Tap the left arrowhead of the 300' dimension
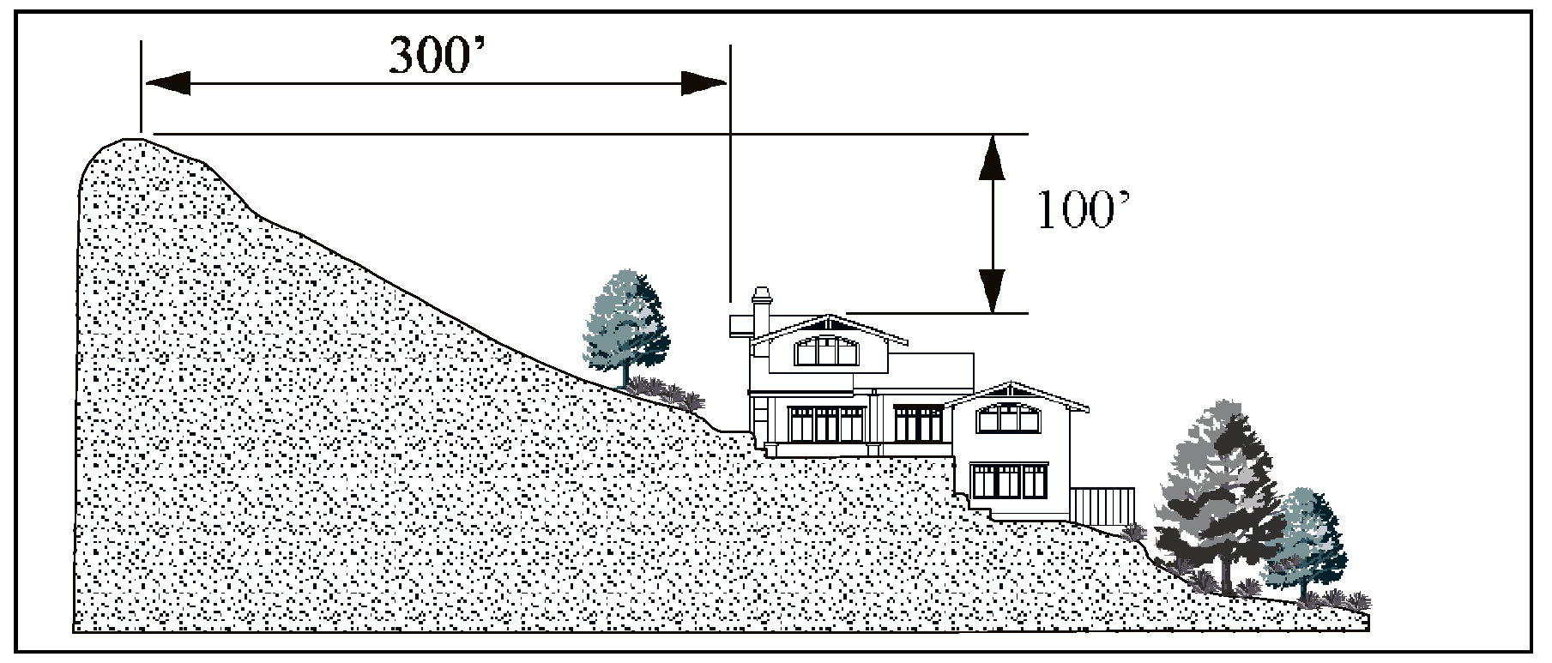click(x=167, y=83)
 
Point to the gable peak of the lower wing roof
click(x=1016, y=383)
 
